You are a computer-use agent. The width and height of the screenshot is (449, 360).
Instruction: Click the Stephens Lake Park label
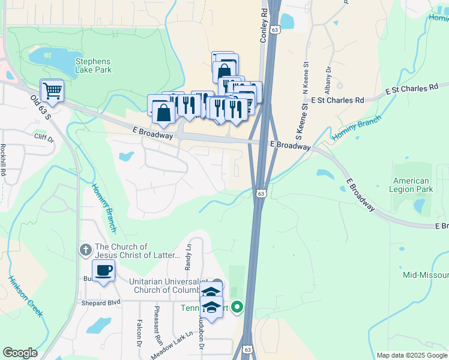tap(93, 65)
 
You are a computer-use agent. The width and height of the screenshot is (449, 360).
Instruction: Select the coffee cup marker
tap(104, 271)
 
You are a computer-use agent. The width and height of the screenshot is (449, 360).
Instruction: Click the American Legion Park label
tap(411, 185)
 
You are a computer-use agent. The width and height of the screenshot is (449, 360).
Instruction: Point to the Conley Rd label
tap(263, 25)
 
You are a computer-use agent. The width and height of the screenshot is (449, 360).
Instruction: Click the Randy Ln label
tap(188, 256)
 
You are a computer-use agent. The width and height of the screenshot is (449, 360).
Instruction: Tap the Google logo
tap(20, 353)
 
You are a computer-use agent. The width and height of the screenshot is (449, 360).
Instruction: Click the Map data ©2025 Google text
tap(412, 355)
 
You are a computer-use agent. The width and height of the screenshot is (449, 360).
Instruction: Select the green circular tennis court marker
tap(237, 308)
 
